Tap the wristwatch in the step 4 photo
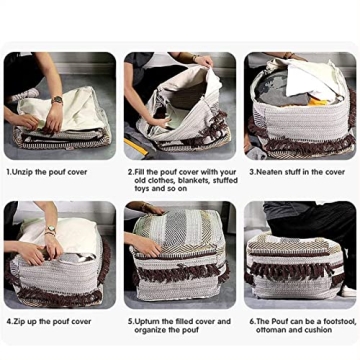click(x=50, y=231)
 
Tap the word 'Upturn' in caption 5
click(x=144, y=321)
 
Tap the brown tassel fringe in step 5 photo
click(x=181, y=271)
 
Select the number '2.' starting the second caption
click(x=129, y=171)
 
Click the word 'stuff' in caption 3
click(x=291, y=171)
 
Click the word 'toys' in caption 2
click(x=140, y=187)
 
